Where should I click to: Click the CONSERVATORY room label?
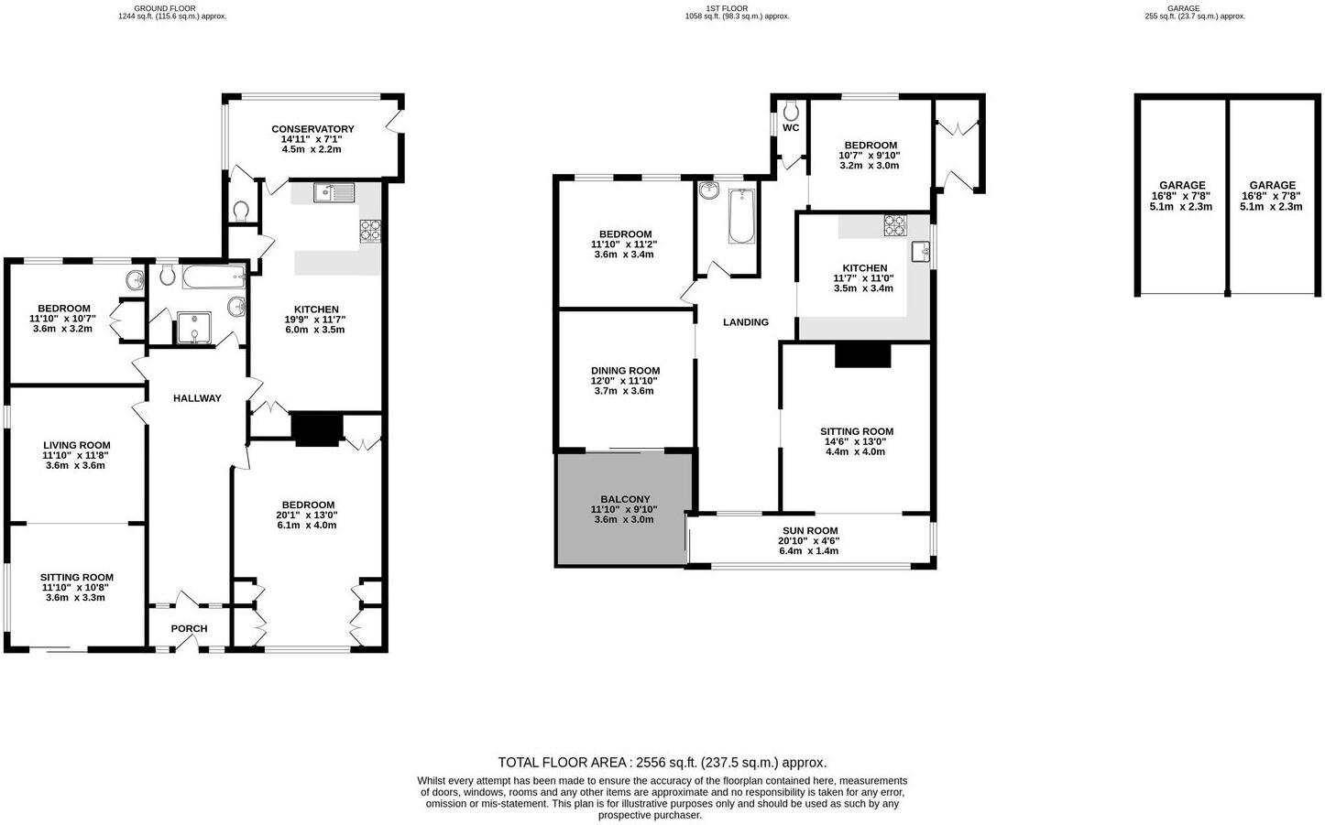(x=312, y=129)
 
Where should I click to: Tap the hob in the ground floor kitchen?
(x=371, y=230)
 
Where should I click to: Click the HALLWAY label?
(x=197, y=398)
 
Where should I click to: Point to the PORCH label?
(x=189, y=629)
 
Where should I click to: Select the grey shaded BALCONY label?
(x=625, y=500)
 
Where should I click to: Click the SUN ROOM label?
(x=809, y=531)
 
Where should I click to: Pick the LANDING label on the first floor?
(x=745, y=322)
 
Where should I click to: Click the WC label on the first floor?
(x=791, y=128)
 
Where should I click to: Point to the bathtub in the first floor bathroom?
(x=741, y=216)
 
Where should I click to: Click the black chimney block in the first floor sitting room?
(x=862, y=354)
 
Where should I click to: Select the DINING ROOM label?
(x=625, y=371)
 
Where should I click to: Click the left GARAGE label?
(x=1181, y=185)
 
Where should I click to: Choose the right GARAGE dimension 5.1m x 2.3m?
(x=1271, y=207)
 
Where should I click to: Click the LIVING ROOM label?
(x=76, y=445)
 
